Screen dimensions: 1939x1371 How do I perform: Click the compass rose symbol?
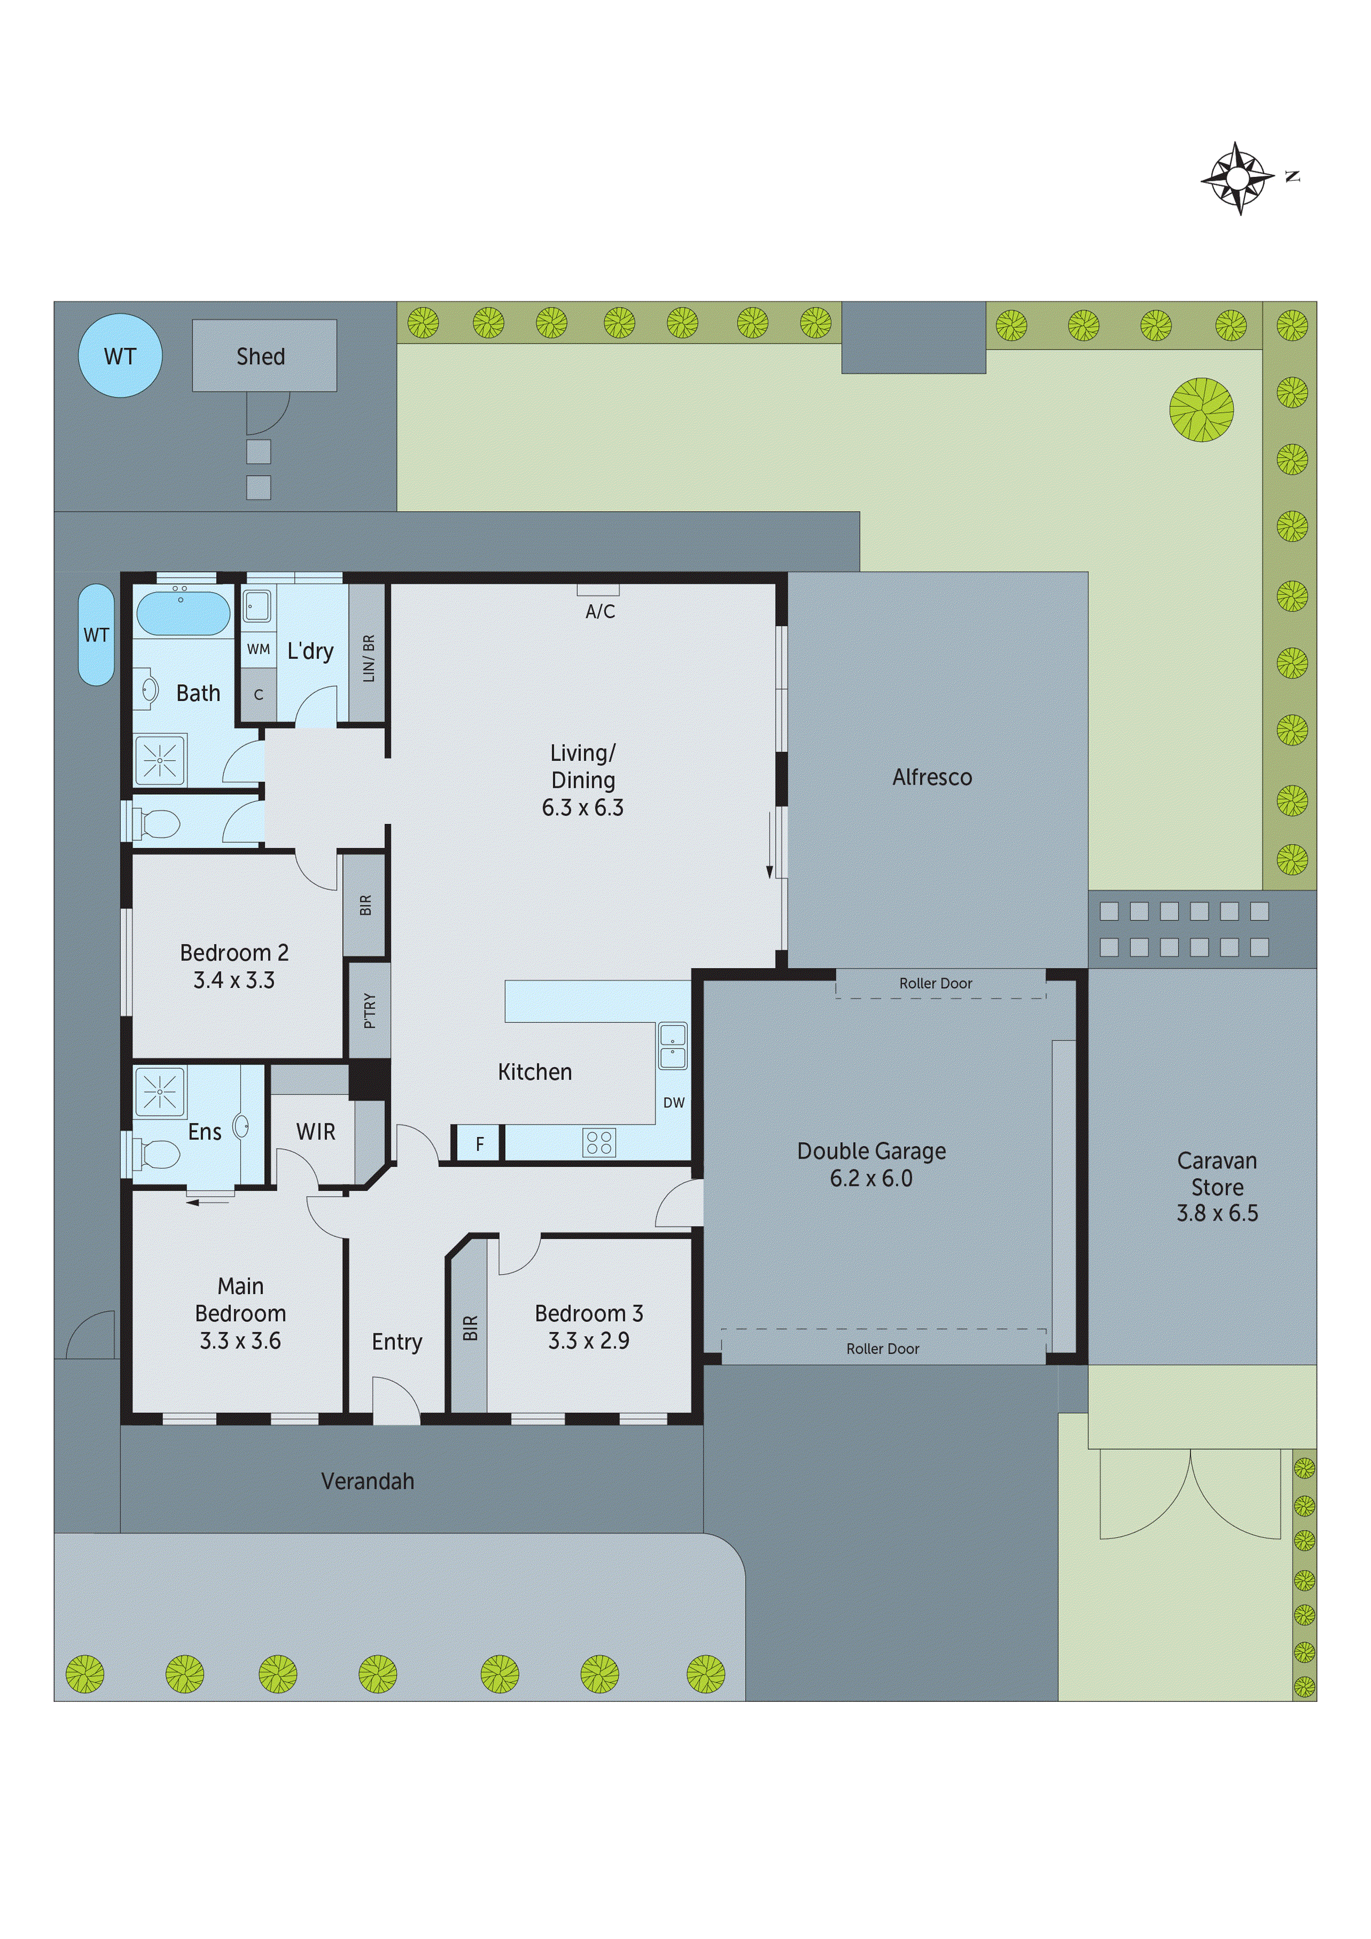tap(1238, 178)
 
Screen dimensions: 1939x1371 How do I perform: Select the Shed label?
tap(261, 357)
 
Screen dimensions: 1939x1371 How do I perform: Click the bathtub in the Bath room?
tap(184, 613)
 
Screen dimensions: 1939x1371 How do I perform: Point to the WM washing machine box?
tap(259, 648)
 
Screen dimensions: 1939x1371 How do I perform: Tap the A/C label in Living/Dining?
tap(600, 611)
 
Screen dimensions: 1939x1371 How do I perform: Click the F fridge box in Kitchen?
tap(479, 1144)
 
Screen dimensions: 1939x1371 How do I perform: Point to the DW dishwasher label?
tap(673, 1102)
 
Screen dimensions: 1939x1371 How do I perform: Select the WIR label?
tap(316, 1131)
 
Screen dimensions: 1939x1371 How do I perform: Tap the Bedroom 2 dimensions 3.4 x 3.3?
tap(234, 981)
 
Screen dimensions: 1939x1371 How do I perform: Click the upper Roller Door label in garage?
tap(935, 983)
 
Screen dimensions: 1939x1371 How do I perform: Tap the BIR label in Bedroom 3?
tap(470, 1328)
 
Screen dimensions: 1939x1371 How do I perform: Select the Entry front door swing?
tap(397, 1400)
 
